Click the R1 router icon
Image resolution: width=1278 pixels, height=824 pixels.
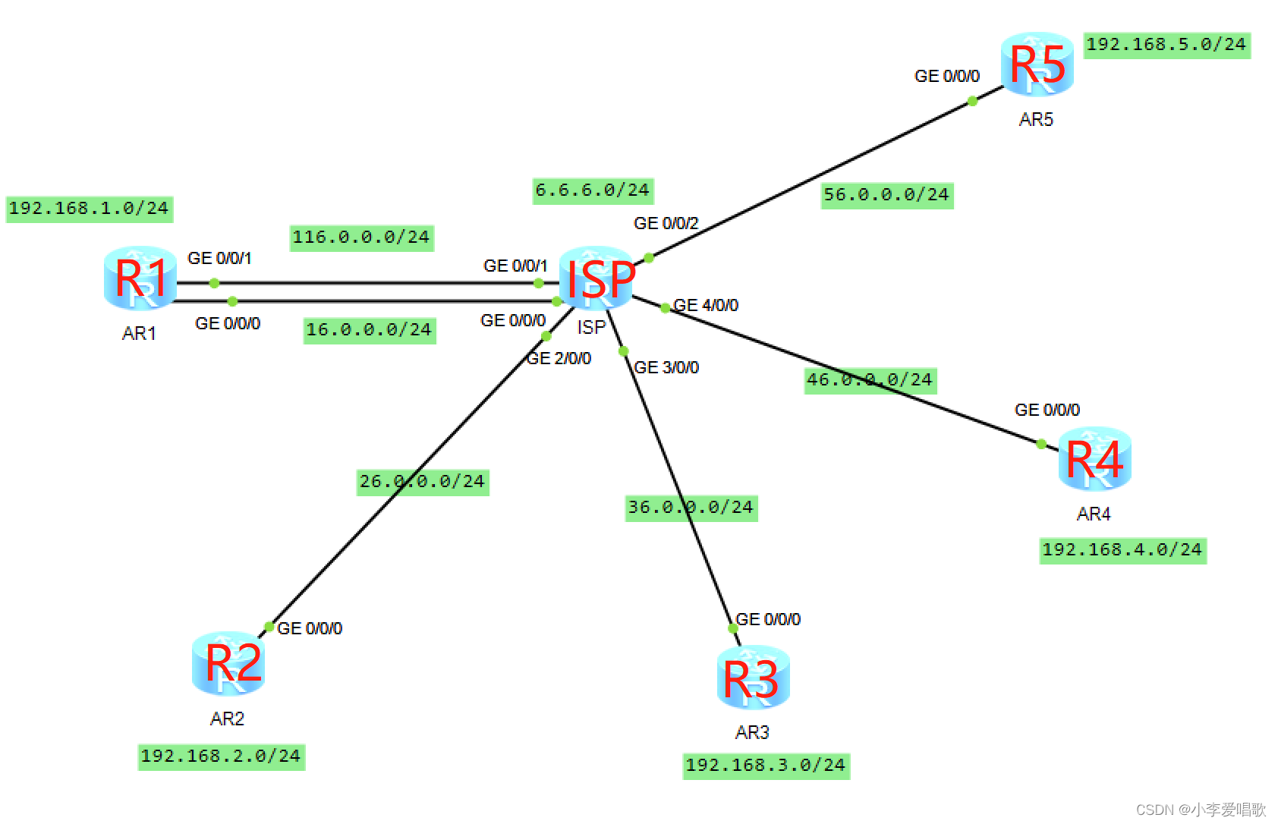(x=140, y=278)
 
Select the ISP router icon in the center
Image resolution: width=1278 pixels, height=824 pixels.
(x=597, y=278)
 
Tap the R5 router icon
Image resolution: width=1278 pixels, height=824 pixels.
(x=1037, y=64)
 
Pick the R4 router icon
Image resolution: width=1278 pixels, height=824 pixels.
(x=1094, y=458)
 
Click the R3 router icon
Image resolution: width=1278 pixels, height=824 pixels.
(x=753, y=677)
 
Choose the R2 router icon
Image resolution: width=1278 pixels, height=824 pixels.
(x=228, y=663)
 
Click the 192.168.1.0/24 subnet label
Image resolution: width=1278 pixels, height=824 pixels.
(x=89, y=209)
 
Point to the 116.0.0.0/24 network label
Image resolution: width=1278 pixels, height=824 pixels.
(x=361, y=237)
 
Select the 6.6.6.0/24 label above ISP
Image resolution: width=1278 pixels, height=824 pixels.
(x=592, y=190)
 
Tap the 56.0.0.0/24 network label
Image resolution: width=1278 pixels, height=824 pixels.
(x=886, y=195)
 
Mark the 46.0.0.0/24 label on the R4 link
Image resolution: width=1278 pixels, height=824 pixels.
(x=870, y=380)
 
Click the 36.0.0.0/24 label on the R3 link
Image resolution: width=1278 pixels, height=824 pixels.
(x=691, y=508)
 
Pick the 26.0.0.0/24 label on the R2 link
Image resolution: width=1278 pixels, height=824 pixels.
(x=422, y=482)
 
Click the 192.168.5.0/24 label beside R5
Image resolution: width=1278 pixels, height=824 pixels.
(x=1166, y=45)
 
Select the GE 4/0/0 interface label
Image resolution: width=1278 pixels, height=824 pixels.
(x=706, y=305)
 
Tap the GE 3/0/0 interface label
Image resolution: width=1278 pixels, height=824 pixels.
(x=666, y=367)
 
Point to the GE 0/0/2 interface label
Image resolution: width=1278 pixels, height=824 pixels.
(x=666, y=223)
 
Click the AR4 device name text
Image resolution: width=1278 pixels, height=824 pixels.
(x=1093, y=514)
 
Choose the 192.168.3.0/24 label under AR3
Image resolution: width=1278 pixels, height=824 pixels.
(x=765, y=766)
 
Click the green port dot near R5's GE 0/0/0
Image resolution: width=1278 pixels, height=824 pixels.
(x=972, y=101)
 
